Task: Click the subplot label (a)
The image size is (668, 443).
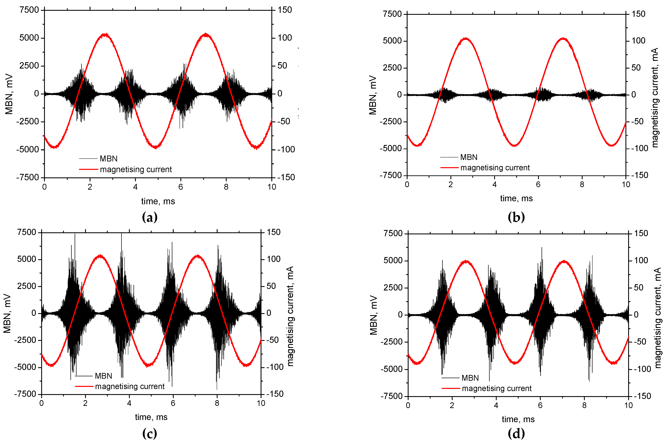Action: click(149, 217)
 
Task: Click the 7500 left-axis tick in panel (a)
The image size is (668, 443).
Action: click(29, 10)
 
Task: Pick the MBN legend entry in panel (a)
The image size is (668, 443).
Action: click(109, 158)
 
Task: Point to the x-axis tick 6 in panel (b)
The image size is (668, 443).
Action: click(538, 184)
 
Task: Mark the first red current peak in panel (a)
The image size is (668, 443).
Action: click(105, 34)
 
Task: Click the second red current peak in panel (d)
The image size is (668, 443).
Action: click(564, 261)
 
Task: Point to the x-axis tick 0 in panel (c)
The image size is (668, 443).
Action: click(42, 403)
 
